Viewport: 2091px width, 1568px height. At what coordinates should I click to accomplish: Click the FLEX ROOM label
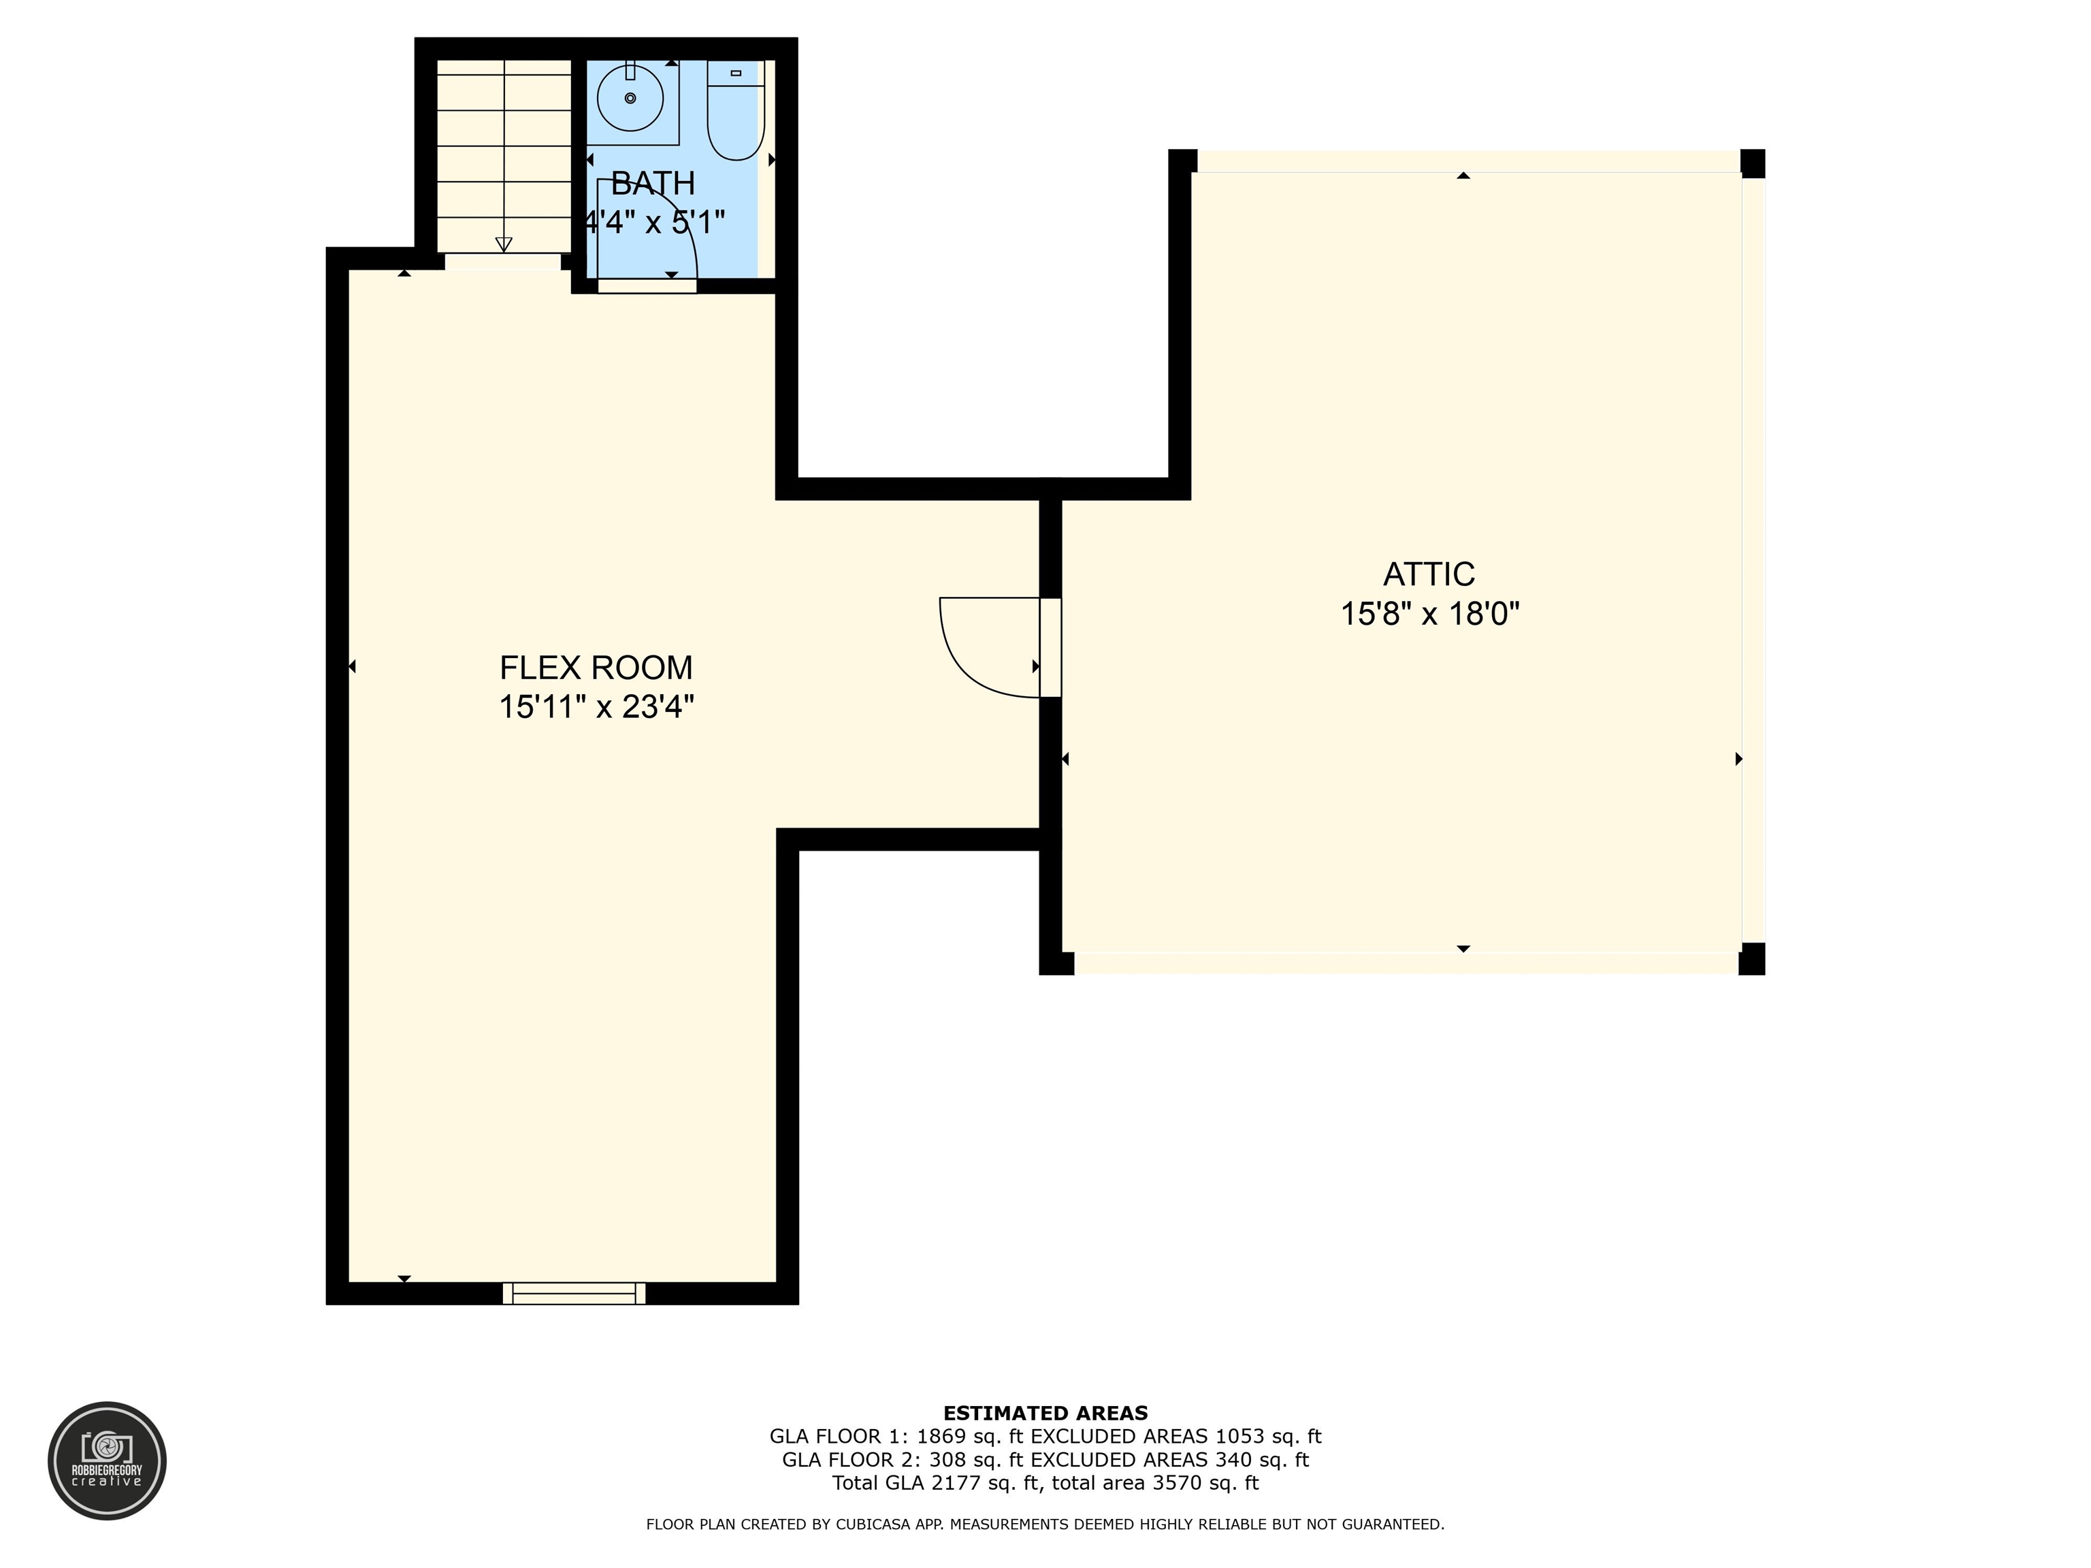click(x=596, y=668)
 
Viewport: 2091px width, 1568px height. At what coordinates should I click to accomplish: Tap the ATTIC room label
click(x=1428, y=574)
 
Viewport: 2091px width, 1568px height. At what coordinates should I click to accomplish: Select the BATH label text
click(x=652, y=182)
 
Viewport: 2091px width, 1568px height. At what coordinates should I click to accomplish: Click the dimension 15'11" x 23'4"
click(x=596, y=707)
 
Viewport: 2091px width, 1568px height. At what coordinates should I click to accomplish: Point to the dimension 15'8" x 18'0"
click(x=1429, y=615)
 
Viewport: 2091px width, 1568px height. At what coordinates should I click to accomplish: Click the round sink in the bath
click(x=630, y=97)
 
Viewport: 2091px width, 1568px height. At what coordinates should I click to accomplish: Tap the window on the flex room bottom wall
click(x=574, y=1293)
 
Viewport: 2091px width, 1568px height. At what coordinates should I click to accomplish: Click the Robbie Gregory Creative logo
click(x=107, y=1460)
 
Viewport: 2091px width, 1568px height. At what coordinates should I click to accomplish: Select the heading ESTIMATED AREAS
click(x=1045, y=1413)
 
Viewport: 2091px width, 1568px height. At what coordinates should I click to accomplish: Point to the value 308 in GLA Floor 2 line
click(x=945, y=1460)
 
